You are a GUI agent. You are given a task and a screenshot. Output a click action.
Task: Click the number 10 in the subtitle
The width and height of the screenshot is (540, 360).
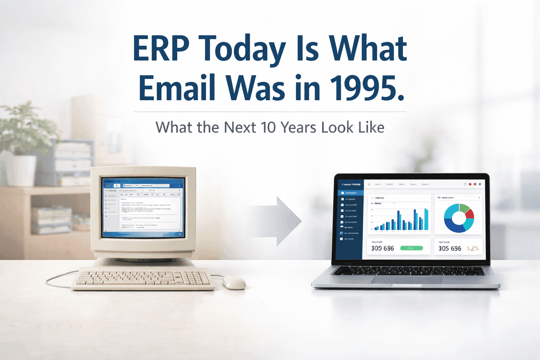268,127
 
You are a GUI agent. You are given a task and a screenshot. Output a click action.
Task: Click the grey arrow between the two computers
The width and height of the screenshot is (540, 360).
281,221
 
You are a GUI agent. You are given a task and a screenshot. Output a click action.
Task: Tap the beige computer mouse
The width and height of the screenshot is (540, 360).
234,282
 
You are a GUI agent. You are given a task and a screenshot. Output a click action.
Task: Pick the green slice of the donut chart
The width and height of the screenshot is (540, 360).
464,208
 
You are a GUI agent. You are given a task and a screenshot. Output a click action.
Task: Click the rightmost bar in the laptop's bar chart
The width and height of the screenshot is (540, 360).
426,219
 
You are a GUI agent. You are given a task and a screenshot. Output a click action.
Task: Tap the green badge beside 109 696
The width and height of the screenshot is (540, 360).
411,248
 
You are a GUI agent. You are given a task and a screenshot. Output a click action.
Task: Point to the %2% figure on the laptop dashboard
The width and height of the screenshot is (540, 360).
472,249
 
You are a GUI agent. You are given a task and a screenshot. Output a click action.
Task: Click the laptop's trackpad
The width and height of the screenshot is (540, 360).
406,279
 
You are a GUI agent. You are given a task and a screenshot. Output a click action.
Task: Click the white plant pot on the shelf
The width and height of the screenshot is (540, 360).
21,171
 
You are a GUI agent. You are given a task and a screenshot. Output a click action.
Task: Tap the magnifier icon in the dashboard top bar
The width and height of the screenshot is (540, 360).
369,184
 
